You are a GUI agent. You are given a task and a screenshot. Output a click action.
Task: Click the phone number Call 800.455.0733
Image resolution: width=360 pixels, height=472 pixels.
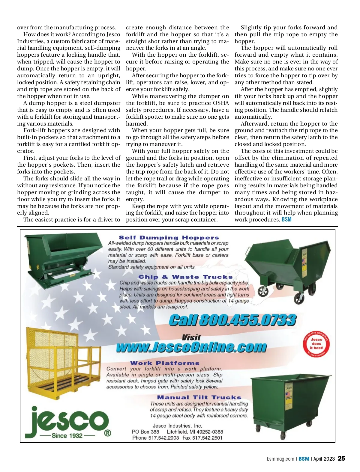click(232, 320)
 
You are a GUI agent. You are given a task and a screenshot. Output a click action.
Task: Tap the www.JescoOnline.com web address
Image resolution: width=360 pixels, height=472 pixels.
click(191, 347)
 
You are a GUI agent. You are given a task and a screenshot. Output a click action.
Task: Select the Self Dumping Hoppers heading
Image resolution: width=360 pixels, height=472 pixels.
click(169, 238)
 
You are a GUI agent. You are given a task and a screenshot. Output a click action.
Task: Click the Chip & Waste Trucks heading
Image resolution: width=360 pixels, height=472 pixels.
click(185, 277)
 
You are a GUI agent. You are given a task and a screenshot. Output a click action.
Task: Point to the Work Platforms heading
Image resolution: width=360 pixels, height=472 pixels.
click(165, 363)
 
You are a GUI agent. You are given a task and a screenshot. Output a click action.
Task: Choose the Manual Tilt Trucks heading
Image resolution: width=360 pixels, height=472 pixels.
click(199, 397)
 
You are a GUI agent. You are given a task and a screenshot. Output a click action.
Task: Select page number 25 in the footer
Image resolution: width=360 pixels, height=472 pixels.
click(341, 459)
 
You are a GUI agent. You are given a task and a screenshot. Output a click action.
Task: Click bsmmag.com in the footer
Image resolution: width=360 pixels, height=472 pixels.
click(280, 459)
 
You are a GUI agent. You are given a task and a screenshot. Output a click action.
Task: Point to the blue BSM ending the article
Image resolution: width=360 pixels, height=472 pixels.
click(286, 220)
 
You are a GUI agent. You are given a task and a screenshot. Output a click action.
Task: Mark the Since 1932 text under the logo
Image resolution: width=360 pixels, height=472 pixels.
click(67, 435)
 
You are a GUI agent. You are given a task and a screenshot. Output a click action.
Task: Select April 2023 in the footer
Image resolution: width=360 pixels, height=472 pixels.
click(324, 459)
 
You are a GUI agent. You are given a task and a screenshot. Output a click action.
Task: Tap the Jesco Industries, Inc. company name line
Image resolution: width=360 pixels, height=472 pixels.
click(177, 426)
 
